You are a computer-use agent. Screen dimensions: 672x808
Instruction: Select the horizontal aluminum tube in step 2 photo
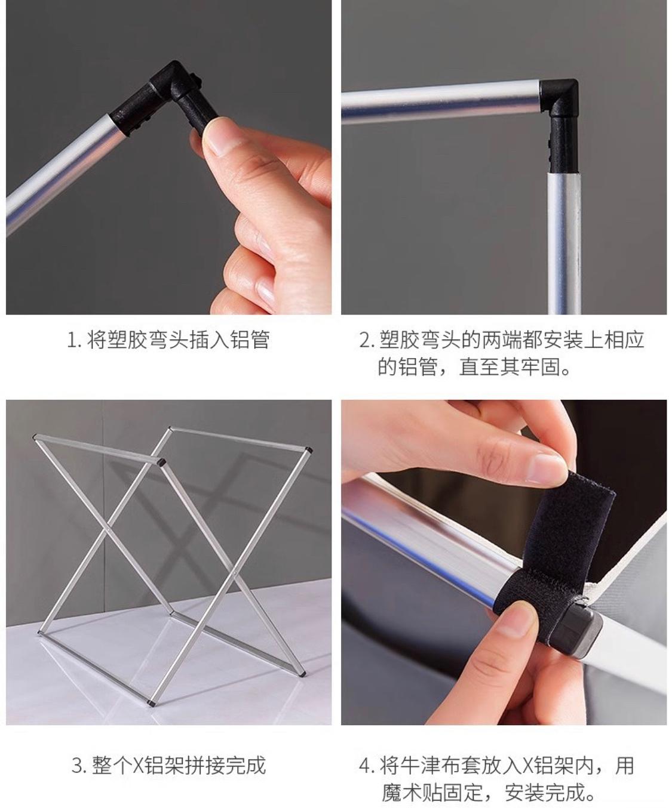(441, 101)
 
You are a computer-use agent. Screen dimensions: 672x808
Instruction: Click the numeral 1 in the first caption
(71, 340)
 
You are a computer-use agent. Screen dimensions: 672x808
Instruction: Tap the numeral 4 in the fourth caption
(365, 765)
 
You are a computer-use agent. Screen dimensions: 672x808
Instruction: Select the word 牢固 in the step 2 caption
(541, 366)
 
